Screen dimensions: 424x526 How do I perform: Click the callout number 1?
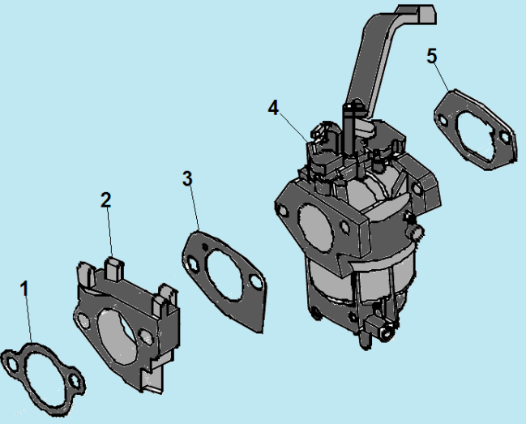[24, 288]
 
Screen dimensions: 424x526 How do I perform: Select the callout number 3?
[188, 178]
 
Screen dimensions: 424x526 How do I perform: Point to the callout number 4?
[273, 107]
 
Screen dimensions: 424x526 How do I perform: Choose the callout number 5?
[432, 55]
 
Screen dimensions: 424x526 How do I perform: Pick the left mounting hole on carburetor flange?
[283, 210]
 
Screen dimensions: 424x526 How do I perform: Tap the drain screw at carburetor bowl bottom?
[381, 328]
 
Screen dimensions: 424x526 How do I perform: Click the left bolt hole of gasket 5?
[442, 122]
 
